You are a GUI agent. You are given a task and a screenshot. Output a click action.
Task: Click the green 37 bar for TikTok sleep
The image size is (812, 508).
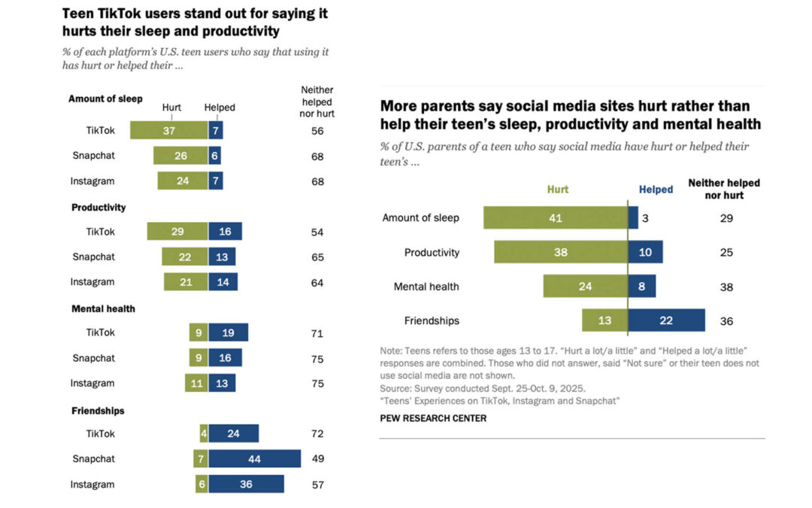point(168,130)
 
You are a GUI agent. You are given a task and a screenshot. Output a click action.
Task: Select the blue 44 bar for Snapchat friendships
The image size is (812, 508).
point(254,459)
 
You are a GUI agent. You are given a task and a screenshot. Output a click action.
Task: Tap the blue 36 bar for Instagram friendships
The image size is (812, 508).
point(246,484)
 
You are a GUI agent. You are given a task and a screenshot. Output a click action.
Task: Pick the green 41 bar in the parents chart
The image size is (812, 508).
point(555,218)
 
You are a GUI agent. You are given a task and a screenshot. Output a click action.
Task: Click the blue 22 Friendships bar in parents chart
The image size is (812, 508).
point(666,321)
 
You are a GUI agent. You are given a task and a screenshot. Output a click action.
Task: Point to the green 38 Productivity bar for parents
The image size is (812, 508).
point(560,252)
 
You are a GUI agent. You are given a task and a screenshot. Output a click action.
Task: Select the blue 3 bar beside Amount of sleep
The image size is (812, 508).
point(633,218)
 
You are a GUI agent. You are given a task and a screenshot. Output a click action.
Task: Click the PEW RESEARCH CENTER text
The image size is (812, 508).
point(434,418)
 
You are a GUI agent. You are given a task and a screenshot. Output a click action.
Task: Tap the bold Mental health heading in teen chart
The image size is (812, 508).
point(103,309)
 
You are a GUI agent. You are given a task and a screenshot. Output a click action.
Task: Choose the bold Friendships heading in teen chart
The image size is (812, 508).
point(98,411)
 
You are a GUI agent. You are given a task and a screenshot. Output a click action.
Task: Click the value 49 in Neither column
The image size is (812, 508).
point(317,459)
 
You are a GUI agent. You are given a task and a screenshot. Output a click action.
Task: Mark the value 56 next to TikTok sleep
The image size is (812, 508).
point(317,130)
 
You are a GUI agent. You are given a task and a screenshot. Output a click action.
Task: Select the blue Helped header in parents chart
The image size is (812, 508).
point(656,190)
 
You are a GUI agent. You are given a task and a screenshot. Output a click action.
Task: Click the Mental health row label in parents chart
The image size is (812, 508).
point(426,287)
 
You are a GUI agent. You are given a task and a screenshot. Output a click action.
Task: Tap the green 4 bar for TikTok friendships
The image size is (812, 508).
point(204,433)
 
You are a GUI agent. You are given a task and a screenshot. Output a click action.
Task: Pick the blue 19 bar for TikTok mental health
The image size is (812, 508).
point(228,333)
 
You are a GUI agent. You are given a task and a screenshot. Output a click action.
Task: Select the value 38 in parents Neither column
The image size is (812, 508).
point(726,287)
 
